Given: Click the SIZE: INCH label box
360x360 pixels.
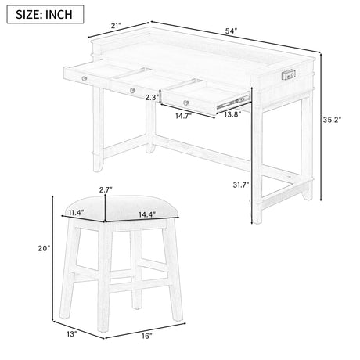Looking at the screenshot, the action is point(45,14).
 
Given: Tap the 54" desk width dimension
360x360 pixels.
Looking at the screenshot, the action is point(231,31).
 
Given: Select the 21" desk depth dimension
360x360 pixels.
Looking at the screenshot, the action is point(117,26).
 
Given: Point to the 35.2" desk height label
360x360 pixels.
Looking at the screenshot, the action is point(332,120).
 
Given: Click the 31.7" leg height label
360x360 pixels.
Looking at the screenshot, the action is point(241,185).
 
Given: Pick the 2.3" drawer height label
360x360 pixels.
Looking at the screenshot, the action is point(152,98).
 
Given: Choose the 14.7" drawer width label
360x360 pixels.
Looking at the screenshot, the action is point(183,116).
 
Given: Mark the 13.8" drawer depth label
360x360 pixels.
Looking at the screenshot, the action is point(232,114).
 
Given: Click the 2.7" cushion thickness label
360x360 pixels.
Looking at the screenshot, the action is point(106,189).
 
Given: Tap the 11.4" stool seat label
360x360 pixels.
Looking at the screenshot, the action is point(76,213).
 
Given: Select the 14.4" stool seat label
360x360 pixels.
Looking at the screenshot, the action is point(147,214).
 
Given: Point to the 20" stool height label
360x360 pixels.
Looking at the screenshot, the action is point(44,248).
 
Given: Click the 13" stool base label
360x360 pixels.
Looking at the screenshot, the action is point(72,333).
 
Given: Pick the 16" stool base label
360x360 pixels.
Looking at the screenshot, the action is point(147,336).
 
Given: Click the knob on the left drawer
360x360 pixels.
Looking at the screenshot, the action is point(84,78).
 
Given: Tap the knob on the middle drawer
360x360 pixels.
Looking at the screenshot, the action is point(132,91).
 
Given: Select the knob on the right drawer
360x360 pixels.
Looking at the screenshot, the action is point(186,103).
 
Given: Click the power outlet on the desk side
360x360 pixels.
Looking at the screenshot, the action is point(289,75).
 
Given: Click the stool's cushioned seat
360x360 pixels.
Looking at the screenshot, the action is point(122,209).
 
